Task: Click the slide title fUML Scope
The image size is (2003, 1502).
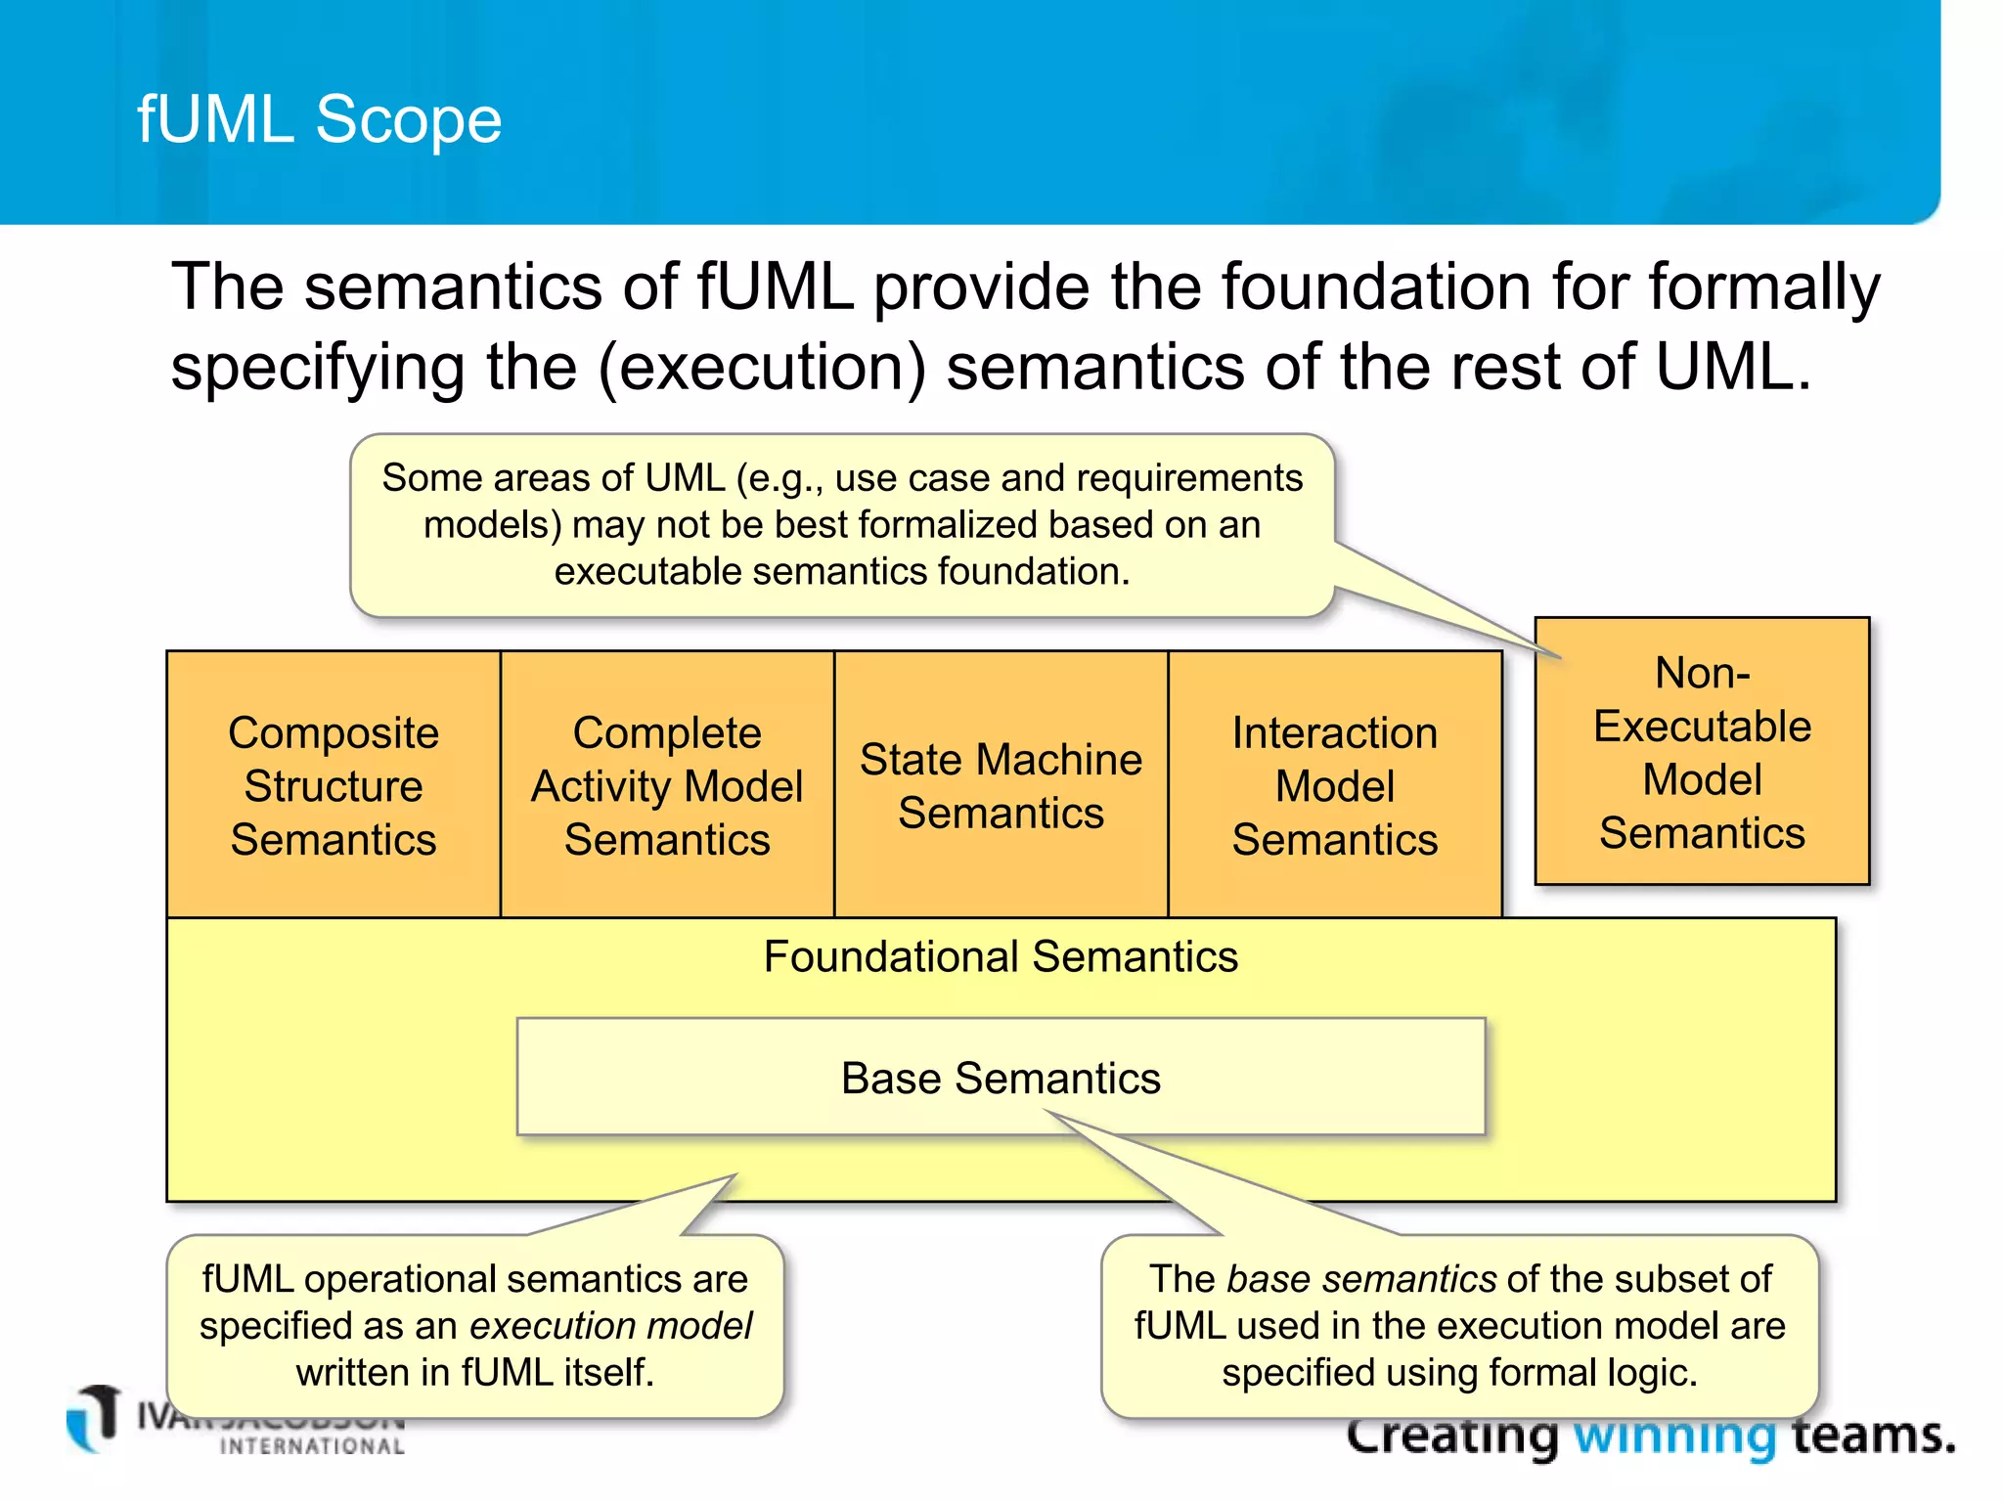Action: (319, 119)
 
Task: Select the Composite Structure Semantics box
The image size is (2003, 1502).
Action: (334, 785)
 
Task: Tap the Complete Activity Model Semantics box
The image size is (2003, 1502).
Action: (667, 785)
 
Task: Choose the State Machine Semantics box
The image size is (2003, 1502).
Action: (1001, 785)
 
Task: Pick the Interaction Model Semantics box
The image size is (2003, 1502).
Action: (1334, 785)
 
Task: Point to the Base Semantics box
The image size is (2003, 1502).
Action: (1001, 1078)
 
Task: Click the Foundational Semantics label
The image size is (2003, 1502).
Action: (1001, 956)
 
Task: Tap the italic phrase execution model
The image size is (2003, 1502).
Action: (611, 1326)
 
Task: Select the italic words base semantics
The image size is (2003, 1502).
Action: (1360, 1279)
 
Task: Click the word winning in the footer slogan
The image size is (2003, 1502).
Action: (1673, 1437)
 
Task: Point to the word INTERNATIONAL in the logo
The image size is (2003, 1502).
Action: (312, 1446)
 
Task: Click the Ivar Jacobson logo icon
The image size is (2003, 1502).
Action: (95, 1417)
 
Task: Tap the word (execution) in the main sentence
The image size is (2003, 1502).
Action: (762, 368)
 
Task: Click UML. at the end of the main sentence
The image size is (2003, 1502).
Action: (1732, 368)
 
